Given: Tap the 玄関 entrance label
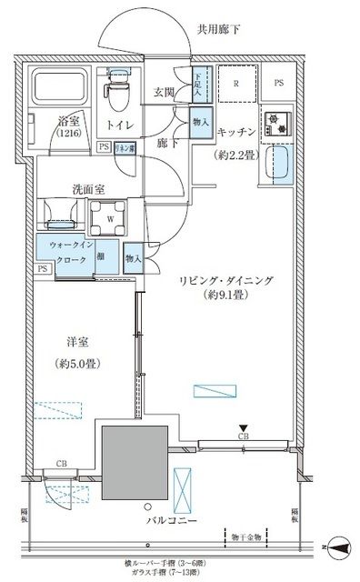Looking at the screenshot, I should pyautogui.click(x=165, y=92).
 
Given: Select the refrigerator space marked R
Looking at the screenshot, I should pyautogui.click(x=236, y=85).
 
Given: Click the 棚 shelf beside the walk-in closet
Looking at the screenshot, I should pyautogui.click(x=105, y=259).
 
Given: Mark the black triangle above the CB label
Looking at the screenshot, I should pyautogui.click(x=243, y=427).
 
